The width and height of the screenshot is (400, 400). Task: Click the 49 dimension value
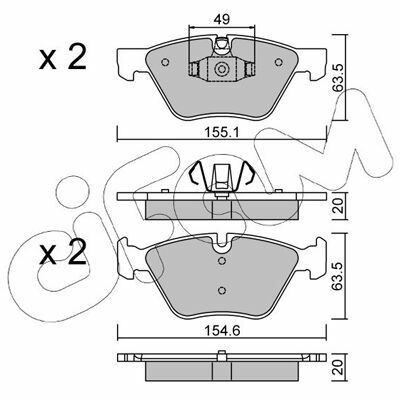coord(222,19)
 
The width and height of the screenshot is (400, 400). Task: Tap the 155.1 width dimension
coord(222,133)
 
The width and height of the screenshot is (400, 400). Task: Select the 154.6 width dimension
coord(222,331)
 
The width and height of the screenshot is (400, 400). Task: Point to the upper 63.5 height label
coord(339,77)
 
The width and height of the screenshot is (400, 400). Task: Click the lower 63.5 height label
coord(339,276)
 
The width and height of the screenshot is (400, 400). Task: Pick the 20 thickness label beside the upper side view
coord(339,206)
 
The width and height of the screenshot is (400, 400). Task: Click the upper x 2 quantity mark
coord(63,57)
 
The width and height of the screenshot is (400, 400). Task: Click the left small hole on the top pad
coord(165,62)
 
